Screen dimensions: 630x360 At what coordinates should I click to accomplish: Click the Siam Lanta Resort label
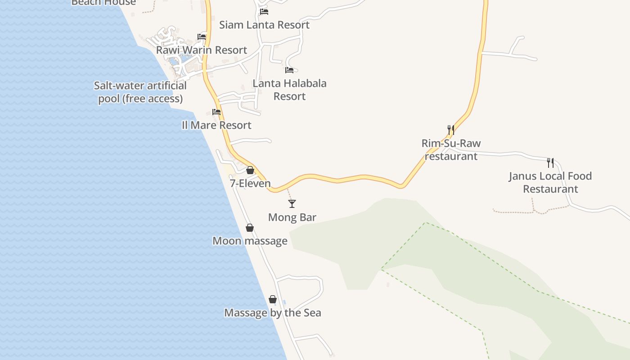264,25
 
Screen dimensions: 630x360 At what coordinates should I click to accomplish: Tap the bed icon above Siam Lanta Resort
264,11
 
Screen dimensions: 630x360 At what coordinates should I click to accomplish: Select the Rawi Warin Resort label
202,50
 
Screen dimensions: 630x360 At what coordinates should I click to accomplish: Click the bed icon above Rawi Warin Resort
202,36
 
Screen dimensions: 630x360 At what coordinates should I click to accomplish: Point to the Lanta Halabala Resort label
289,90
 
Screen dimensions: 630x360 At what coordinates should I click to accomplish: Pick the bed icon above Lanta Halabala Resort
289,70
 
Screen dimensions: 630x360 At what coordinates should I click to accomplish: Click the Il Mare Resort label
216,125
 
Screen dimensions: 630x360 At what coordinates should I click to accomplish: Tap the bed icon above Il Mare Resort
216,112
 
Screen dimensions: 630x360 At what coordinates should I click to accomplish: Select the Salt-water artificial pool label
140,92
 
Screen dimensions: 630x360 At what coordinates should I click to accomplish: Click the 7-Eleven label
250,184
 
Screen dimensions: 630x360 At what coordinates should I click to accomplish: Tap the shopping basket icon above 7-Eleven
250,170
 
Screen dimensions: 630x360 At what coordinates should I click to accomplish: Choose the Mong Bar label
292,217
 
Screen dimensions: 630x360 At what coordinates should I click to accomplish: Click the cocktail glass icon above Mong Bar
292,204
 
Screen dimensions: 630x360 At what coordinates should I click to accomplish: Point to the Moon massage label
250,241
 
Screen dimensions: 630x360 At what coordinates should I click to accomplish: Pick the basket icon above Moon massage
250,228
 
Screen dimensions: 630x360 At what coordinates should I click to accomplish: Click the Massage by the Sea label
273,313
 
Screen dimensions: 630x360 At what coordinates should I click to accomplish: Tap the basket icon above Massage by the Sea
273,299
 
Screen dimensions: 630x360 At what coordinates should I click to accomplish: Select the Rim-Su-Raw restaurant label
451,150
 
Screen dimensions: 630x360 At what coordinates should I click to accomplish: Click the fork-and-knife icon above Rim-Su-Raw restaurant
451,130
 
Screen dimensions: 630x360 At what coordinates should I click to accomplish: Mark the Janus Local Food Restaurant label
550,182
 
